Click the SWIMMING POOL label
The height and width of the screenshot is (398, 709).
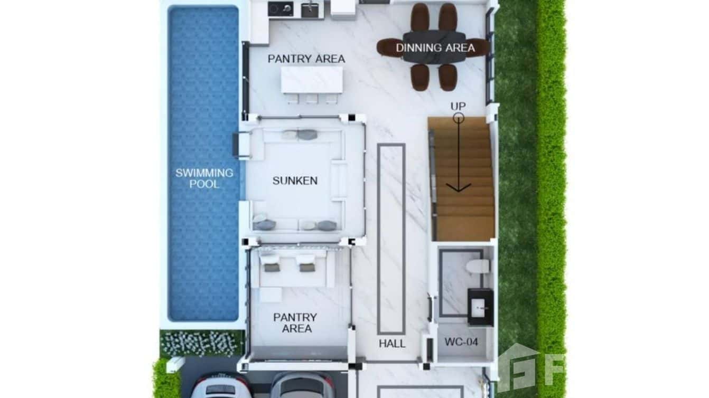pyautogui.click(x=204, y=178)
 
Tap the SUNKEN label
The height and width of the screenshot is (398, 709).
pyautogui.click(x=295, y=181)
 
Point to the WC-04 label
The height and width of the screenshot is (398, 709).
pyautogui.click(x=461, y=342)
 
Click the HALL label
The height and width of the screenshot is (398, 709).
pyautogui.click(x=392, y=344)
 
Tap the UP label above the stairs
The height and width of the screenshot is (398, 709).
pyautogui.click(x=458, y=106)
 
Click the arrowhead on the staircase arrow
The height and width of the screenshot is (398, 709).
pyautogui.click(x=459, y=187)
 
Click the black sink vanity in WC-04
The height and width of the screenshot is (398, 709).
pyautogui.click(x=480, y=306)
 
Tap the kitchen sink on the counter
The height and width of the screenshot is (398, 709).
pyautogui.click(x=310, y=10)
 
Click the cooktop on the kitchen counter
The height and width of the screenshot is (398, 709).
pyautogui.click(x=280, y=8)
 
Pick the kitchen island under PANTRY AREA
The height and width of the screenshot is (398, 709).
pyautogui.click(x=312, y=80)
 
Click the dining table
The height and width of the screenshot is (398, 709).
pyautogui.click(x=433, y=48)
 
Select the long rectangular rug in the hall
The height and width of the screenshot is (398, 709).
pyautogui.click(x=391, y=239)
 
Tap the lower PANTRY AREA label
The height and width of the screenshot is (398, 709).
pyautogui.click(x=295, y=323)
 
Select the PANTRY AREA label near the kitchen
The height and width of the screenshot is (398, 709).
pyautogui.click(x=306, y=59)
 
